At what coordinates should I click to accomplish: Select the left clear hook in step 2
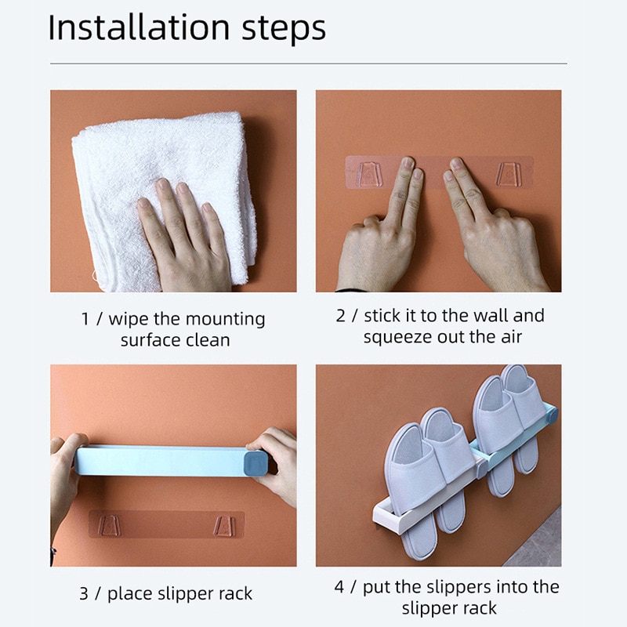[x=369, y=173]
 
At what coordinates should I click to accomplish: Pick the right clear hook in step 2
[x=510, y=173]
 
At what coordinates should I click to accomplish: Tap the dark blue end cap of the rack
[x=256, y=462]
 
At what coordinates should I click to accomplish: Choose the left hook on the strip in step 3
[x=110, y=524]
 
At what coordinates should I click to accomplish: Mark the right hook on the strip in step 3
[x=227, y=525]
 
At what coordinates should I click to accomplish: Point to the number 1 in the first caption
[x=85, y=320]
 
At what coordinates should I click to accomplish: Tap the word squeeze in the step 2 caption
[x=393, y=337]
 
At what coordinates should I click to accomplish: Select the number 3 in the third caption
[x=83, y=593]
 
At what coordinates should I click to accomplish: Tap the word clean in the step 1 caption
[x=208, y=340]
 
